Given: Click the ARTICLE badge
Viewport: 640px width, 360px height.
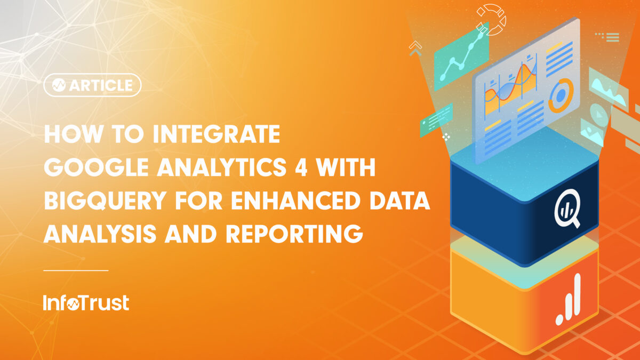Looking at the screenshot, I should [92, 85].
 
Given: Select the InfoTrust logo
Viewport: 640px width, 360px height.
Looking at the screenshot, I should [86, 303].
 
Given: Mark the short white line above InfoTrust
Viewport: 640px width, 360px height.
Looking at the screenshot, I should [75, 270].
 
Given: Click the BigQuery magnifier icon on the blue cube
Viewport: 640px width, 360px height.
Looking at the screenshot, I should [566, 208].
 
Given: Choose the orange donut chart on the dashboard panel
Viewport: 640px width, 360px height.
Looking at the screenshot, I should [560, 95].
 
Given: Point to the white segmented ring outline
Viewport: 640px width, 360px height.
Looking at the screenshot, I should [491, 19].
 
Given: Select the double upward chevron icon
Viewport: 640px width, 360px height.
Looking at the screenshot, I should [415, 48].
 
